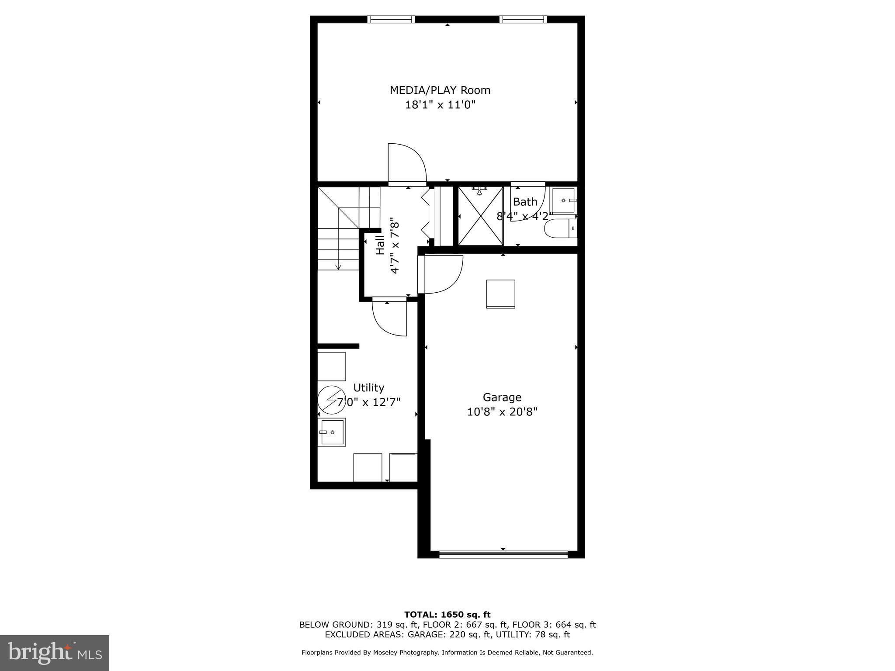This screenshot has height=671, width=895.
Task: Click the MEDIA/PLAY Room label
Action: click(x=440, y=90)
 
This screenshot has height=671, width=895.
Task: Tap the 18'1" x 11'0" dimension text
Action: click(x=440, y=105)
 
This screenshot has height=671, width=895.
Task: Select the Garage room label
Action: click(x=502, y=398)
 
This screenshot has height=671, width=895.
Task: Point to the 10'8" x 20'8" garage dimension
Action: click(x=502, y=412)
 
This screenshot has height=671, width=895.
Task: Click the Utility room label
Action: click(x=368, y=388)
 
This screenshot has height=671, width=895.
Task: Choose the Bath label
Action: click(x=525, y=202)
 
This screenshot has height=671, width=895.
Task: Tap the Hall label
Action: click(x=380, y=245)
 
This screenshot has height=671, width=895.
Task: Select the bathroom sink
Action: click(x=563, y=200)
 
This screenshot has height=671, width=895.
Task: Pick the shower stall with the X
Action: click(x=480, y=216)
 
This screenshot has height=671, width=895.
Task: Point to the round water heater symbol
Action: click(x=331, y=400)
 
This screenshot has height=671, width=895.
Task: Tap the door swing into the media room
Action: click(x=406, y=164)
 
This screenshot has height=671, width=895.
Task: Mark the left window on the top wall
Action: click(x=391, y=19)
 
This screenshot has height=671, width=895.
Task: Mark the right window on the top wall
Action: click(x=523, y=19)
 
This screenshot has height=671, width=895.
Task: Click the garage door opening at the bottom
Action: click(x=503, y=554)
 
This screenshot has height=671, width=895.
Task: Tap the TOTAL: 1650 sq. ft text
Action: click(x=447, y=615)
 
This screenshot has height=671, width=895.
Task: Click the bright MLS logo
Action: click(x=55, y=653)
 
